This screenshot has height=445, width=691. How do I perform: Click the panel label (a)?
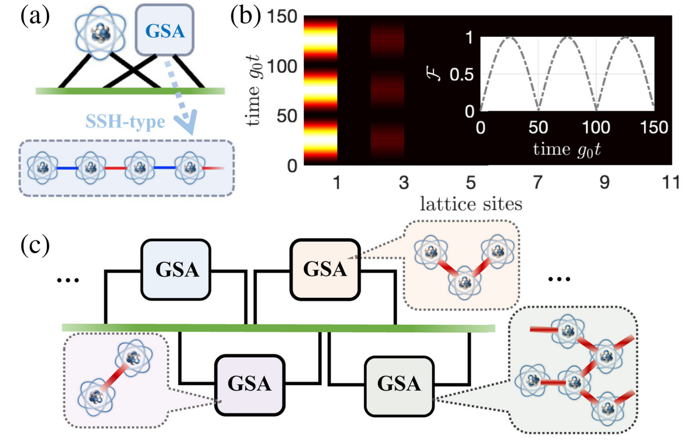(35, 17)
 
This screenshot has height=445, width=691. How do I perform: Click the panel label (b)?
(245, 17)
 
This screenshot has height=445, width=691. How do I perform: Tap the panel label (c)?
(35, 246)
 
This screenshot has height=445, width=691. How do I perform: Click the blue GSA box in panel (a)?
(164, 30)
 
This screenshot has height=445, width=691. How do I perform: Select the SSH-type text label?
(125, 121)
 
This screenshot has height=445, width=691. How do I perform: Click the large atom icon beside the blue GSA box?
(100, 32)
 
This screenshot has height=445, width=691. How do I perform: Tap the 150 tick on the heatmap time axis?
(282, 17)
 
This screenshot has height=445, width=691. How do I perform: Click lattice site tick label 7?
(537, 183)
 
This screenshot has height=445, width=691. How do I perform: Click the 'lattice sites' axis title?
(471, 204)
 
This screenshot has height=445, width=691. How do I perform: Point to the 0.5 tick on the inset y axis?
(461, 75)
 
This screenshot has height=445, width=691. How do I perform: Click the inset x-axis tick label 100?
(596, 128)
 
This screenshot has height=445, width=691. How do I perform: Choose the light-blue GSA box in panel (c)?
(176, 269)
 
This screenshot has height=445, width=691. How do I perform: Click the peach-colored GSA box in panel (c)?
(325, 269)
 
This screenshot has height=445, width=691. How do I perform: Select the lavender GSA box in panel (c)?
(250, 384)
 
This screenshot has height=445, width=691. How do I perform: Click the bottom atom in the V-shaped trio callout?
(465, 282)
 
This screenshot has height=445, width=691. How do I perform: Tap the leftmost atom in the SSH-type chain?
(42, 168)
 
